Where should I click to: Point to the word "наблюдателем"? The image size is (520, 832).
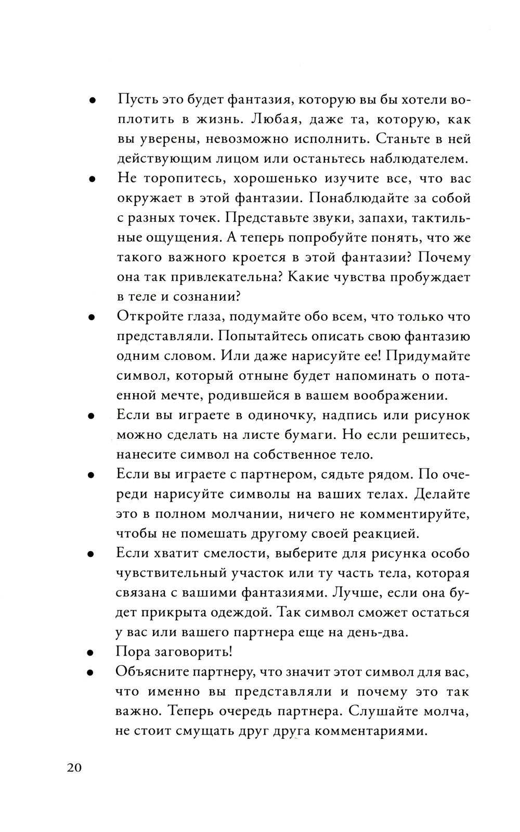pyautogui.click(x=419, y=159)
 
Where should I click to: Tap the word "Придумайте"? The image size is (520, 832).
pyautogui.click(x=429, y=356)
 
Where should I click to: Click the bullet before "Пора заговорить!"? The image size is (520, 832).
pyautogui.click(x=90, y=653)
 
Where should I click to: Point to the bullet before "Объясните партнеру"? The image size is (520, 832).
pyautogui.click(x=90, y=672)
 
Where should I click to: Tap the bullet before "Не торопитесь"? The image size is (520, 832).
pyautogui.click(x=92, y=179)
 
